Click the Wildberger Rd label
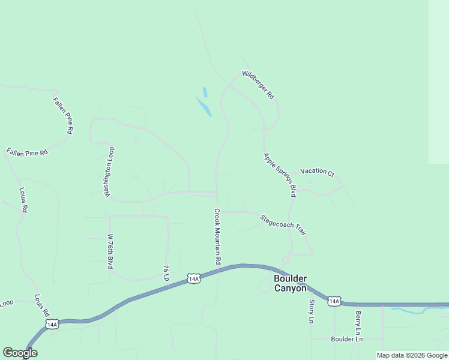pos(258,85)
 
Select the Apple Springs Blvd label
pos(280,175)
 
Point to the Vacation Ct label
pos(317,172)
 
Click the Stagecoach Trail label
pos(283,224)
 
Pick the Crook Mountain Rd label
pos(218,237)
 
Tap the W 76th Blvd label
pos(110,251)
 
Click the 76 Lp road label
pos(166,273)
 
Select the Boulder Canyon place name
pos(291,283)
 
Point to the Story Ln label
pos(312,311)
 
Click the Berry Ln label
pos(358,323)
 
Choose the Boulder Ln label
pos(347,339)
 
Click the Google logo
pos(20,353)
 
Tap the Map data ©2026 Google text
pos(412,355)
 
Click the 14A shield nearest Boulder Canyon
pos(334,301)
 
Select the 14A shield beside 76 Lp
pos(193,278)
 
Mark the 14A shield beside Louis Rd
pos(52,324)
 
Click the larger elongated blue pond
pos(203,106)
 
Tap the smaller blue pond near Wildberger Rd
pos(205,92)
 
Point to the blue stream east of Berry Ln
pos(417,310)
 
